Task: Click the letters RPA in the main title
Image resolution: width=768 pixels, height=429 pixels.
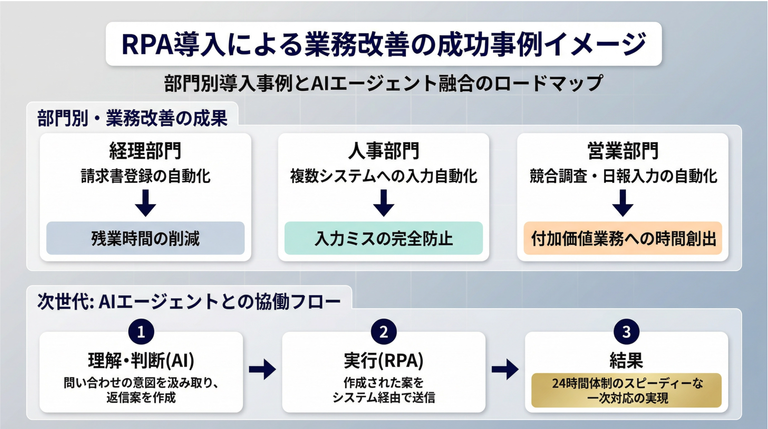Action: tap(147, 44)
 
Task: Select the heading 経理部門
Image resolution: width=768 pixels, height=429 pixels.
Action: tap(145, 151)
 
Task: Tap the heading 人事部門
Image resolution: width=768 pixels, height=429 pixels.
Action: tap(384, 151)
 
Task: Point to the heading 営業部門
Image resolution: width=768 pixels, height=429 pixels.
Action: tap(623, 151)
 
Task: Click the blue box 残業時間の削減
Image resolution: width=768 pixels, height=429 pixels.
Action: tap(145, 238)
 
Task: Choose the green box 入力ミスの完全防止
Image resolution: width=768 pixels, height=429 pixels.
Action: tap(384, 238)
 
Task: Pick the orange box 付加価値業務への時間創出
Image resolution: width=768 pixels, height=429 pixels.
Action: tap(623, 238)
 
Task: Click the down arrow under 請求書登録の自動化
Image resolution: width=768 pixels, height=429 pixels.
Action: tap(145, 203)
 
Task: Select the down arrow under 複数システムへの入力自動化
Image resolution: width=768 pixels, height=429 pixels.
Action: tap(384, 203)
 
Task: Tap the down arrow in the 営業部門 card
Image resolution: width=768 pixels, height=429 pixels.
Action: tap(623, 203)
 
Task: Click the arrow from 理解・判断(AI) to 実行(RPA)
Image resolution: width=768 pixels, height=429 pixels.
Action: tap(262, 369)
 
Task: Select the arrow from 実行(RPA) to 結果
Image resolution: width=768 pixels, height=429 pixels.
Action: tap(505, 369)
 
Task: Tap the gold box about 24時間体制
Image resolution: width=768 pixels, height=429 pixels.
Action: tap(626, 390)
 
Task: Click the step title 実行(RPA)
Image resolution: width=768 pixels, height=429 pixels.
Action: tap(384, 360)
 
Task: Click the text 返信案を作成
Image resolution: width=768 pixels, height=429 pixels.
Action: tap(141, 398)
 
